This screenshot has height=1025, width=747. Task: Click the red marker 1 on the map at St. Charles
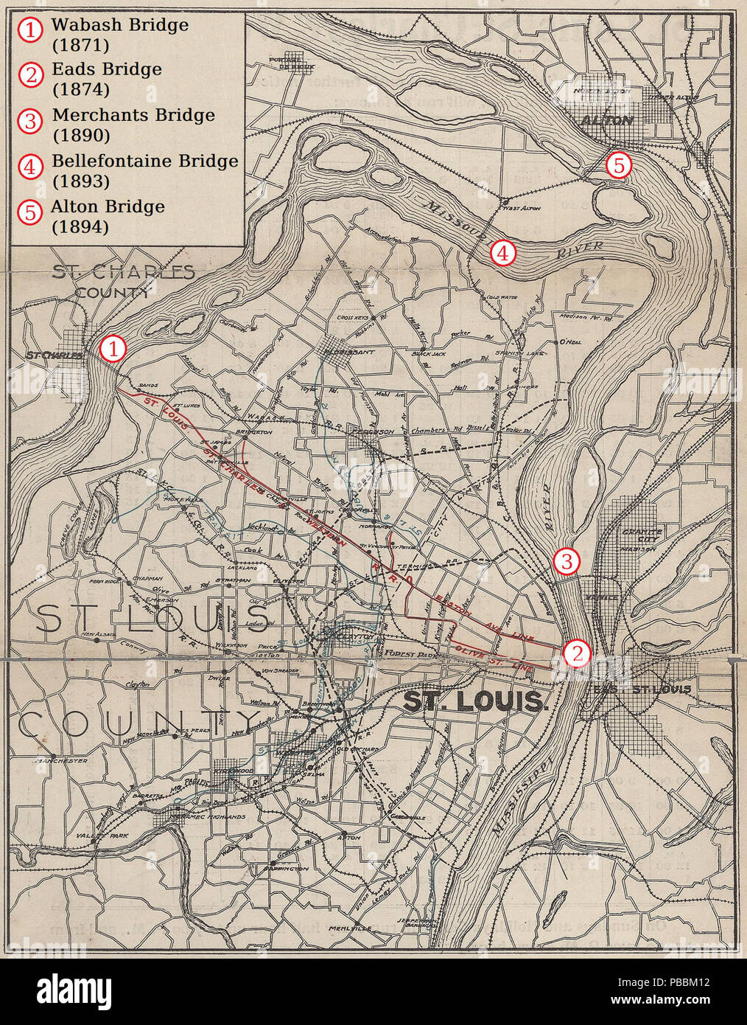coord(113,348)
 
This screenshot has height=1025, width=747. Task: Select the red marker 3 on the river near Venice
coord(566,562)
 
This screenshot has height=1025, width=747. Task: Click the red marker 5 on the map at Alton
coord(618,166)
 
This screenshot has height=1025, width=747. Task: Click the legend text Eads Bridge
coord(107,69)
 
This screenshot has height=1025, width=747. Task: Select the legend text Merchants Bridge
coord(133,115)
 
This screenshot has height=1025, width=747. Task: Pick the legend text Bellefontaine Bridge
coord(145,161)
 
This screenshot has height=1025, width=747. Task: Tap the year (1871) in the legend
coord(80,44)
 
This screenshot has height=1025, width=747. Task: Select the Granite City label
coord(642,532)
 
